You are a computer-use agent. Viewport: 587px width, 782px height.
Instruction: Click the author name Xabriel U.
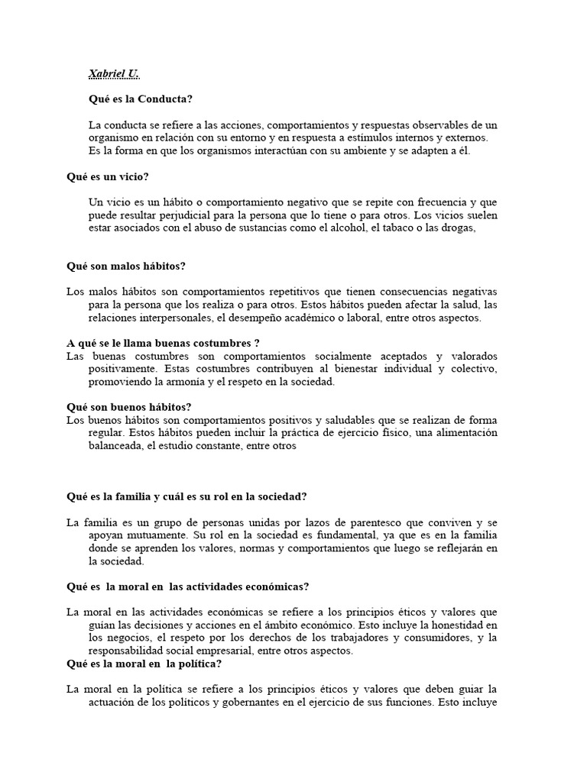(x=115, y=74)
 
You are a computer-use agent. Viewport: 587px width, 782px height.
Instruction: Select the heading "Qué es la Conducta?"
(x=141, y=99)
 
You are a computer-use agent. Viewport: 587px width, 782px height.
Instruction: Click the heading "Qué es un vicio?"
(x=107, y=177)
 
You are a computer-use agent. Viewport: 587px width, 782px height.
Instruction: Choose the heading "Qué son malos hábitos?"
(x=126, y=266)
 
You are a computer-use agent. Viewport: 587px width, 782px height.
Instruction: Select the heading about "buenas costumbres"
(x=164, y=343)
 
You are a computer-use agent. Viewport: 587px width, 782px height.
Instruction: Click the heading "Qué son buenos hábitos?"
(x=128, y=407)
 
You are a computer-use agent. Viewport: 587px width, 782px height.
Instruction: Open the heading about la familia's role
(x=186, y=496)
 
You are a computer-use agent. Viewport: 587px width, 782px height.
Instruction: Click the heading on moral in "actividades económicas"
(x=187, y=586)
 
